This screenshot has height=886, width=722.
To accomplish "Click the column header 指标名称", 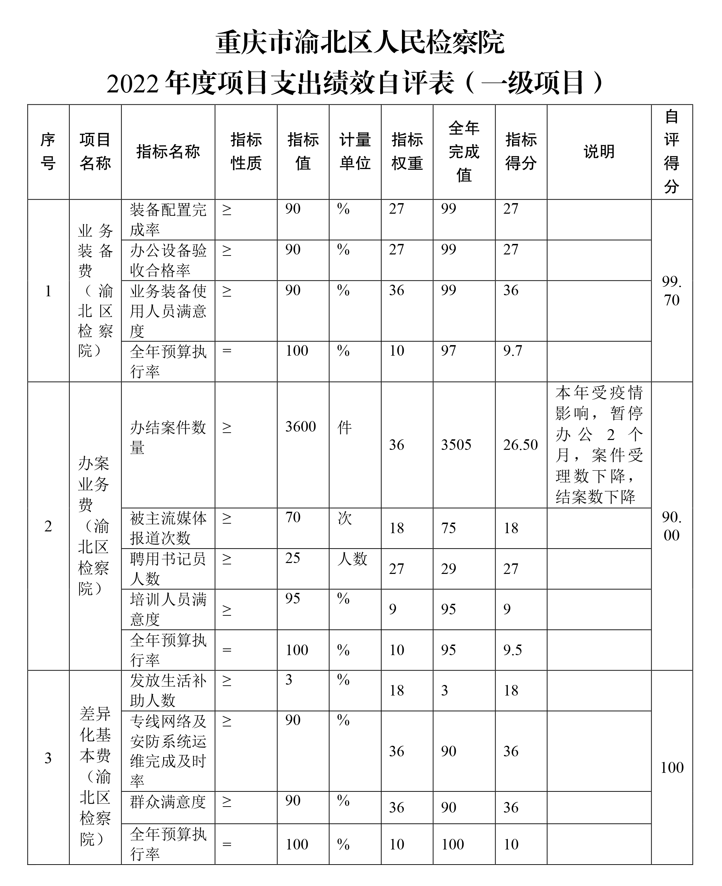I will [x=168, y=152].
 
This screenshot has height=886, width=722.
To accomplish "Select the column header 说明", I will [x=599, y=152].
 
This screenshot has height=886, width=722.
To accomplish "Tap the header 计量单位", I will [x=355, y=152].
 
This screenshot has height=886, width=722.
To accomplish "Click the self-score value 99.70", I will [x=671, y=291].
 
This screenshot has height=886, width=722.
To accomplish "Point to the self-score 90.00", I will [x=671, y=526].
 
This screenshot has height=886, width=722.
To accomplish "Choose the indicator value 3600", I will [x=300, y=427].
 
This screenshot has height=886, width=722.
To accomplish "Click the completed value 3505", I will [x=456, y=445].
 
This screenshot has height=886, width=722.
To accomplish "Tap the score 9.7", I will [x=512, y=351].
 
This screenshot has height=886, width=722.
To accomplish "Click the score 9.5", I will [x=512, y=650].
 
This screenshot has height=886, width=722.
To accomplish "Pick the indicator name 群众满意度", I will [x=168, y=802].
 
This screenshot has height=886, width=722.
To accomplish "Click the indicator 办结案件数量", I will [x=168, y=437].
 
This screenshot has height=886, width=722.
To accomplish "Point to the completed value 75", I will [x=448, y=528].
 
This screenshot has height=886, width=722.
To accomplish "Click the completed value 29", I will [x=448, y=569].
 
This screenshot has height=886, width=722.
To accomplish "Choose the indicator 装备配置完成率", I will [x=168, y=219].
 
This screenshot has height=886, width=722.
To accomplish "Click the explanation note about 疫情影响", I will [x=599, y=444].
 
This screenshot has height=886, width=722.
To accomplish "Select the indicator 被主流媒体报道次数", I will [x=168, y=528].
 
